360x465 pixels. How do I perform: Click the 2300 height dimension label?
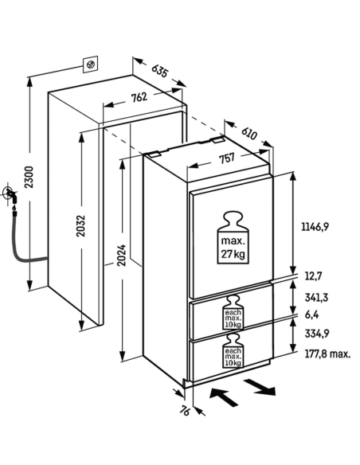29,177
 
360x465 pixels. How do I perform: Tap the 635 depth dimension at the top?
160,71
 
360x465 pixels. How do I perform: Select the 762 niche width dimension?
139,97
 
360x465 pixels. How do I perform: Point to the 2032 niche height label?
80,225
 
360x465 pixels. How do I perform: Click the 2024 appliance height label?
121,256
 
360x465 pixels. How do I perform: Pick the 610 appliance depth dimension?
248,133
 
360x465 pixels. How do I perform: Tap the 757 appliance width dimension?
226,158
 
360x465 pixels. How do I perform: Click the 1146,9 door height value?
315,227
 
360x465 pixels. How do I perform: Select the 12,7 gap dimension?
313,276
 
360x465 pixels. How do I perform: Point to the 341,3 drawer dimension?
316,297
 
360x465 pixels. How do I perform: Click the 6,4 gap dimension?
311,315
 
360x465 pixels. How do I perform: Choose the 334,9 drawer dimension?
317,334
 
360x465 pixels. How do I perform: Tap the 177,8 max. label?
327,354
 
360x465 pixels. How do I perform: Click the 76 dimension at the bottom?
184,411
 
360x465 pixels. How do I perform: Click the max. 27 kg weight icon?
233,237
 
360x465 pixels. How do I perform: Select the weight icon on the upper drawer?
233,312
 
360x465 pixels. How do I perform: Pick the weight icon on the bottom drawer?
233,350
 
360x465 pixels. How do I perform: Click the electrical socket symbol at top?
90,64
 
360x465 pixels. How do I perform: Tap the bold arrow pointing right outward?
260,388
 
